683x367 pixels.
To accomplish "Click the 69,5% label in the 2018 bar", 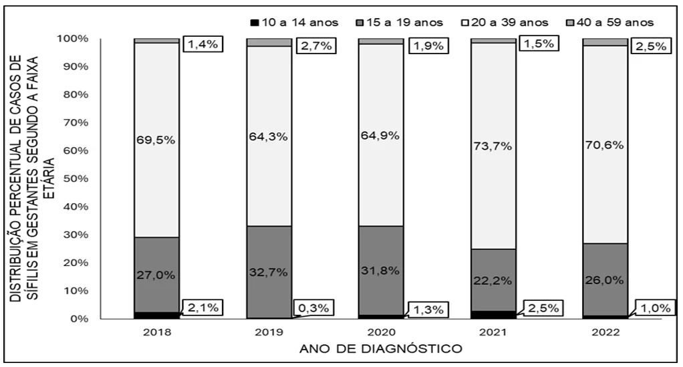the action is tap(156, 140).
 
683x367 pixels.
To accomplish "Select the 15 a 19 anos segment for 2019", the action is tap(269, 272).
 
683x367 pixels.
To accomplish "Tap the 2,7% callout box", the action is tap(316, 45).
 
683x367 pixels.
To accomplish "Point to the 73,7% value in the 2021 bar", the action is tap(493, 146).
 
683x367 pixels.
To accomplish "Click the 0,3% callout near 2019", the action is tap(313, 308).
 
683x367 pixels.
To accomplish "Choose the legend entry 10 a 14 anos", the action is tap(295, 22).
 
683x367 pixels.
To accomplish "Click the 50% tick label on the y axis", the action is tap(76, 178).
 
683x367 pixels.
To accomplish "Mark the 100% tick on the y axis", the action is tap(73, 39).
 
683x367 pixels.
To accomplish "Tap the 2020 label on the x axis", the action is tap(382, 332).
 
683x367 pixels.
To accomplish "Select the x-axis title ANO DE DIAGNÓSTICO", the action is tap(381, 349).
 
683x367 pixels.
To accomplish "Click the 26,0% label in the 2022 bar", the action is tap(605, 280).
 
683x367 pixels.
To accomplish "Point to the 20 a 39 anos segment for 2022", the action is tap(605, 144).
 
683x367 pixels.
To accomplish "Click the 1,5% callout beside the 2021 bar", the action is tap(539, 43).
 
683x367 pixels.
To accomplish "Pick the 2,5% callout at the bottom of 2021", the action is tap(543, 308).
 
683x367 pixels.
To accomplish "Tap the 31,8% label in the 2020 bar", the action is tap(380, 270).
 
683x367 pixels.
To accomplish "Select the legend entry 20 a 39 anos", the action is tap(505, 22).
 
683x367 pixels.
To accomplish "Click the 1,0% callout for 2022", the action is tap(655, 308).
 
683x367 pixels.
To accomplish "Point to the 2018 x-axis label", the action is tap(157, 332).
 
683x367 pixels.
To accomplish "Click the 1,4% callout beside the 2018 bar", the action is tap(203, 43).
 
